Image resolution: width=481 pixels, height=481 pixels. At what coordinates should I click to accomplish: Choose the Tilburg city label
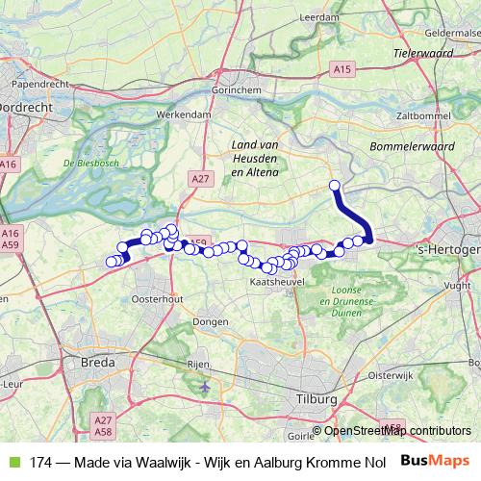316,398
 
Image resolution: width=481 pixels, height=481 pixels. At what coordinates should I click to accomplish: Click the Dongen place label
210,321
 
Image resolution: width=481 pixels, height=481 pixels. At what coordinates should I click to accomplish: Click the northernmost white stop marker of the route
335,186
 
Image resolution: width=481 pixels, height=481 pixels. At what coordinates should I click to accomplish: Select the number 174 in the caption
40,462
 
